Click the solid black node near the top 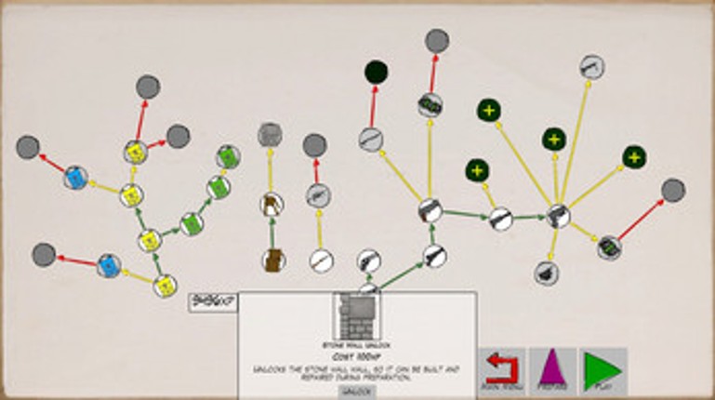[x=376, y=72]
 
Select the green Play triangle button [x=602, y=370]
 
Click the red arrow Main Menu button [x=501, y=370]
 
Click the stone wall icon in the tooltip [x=357, y=317]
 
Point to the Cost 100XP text [x=357, y=357]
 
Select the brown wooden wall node [x=272, y=260]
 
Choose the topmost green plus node [x=489, y=110]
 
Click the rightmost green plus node [x=634, y=156]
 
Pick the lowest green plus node [x=477, y=171]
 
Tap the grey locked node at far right [x=673, y=191]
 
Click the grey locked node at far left [x=28, y=147]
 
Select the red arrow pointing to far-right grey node [x=642, y=220]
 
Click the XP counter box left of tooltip [x=213, y=301]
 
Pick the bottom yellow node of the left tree [x=166, y=286]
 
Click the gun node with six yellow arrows [x=557, y=216]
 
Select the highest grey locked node [x=437, y=41]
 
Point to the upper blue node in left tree [x=76, y=177]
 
